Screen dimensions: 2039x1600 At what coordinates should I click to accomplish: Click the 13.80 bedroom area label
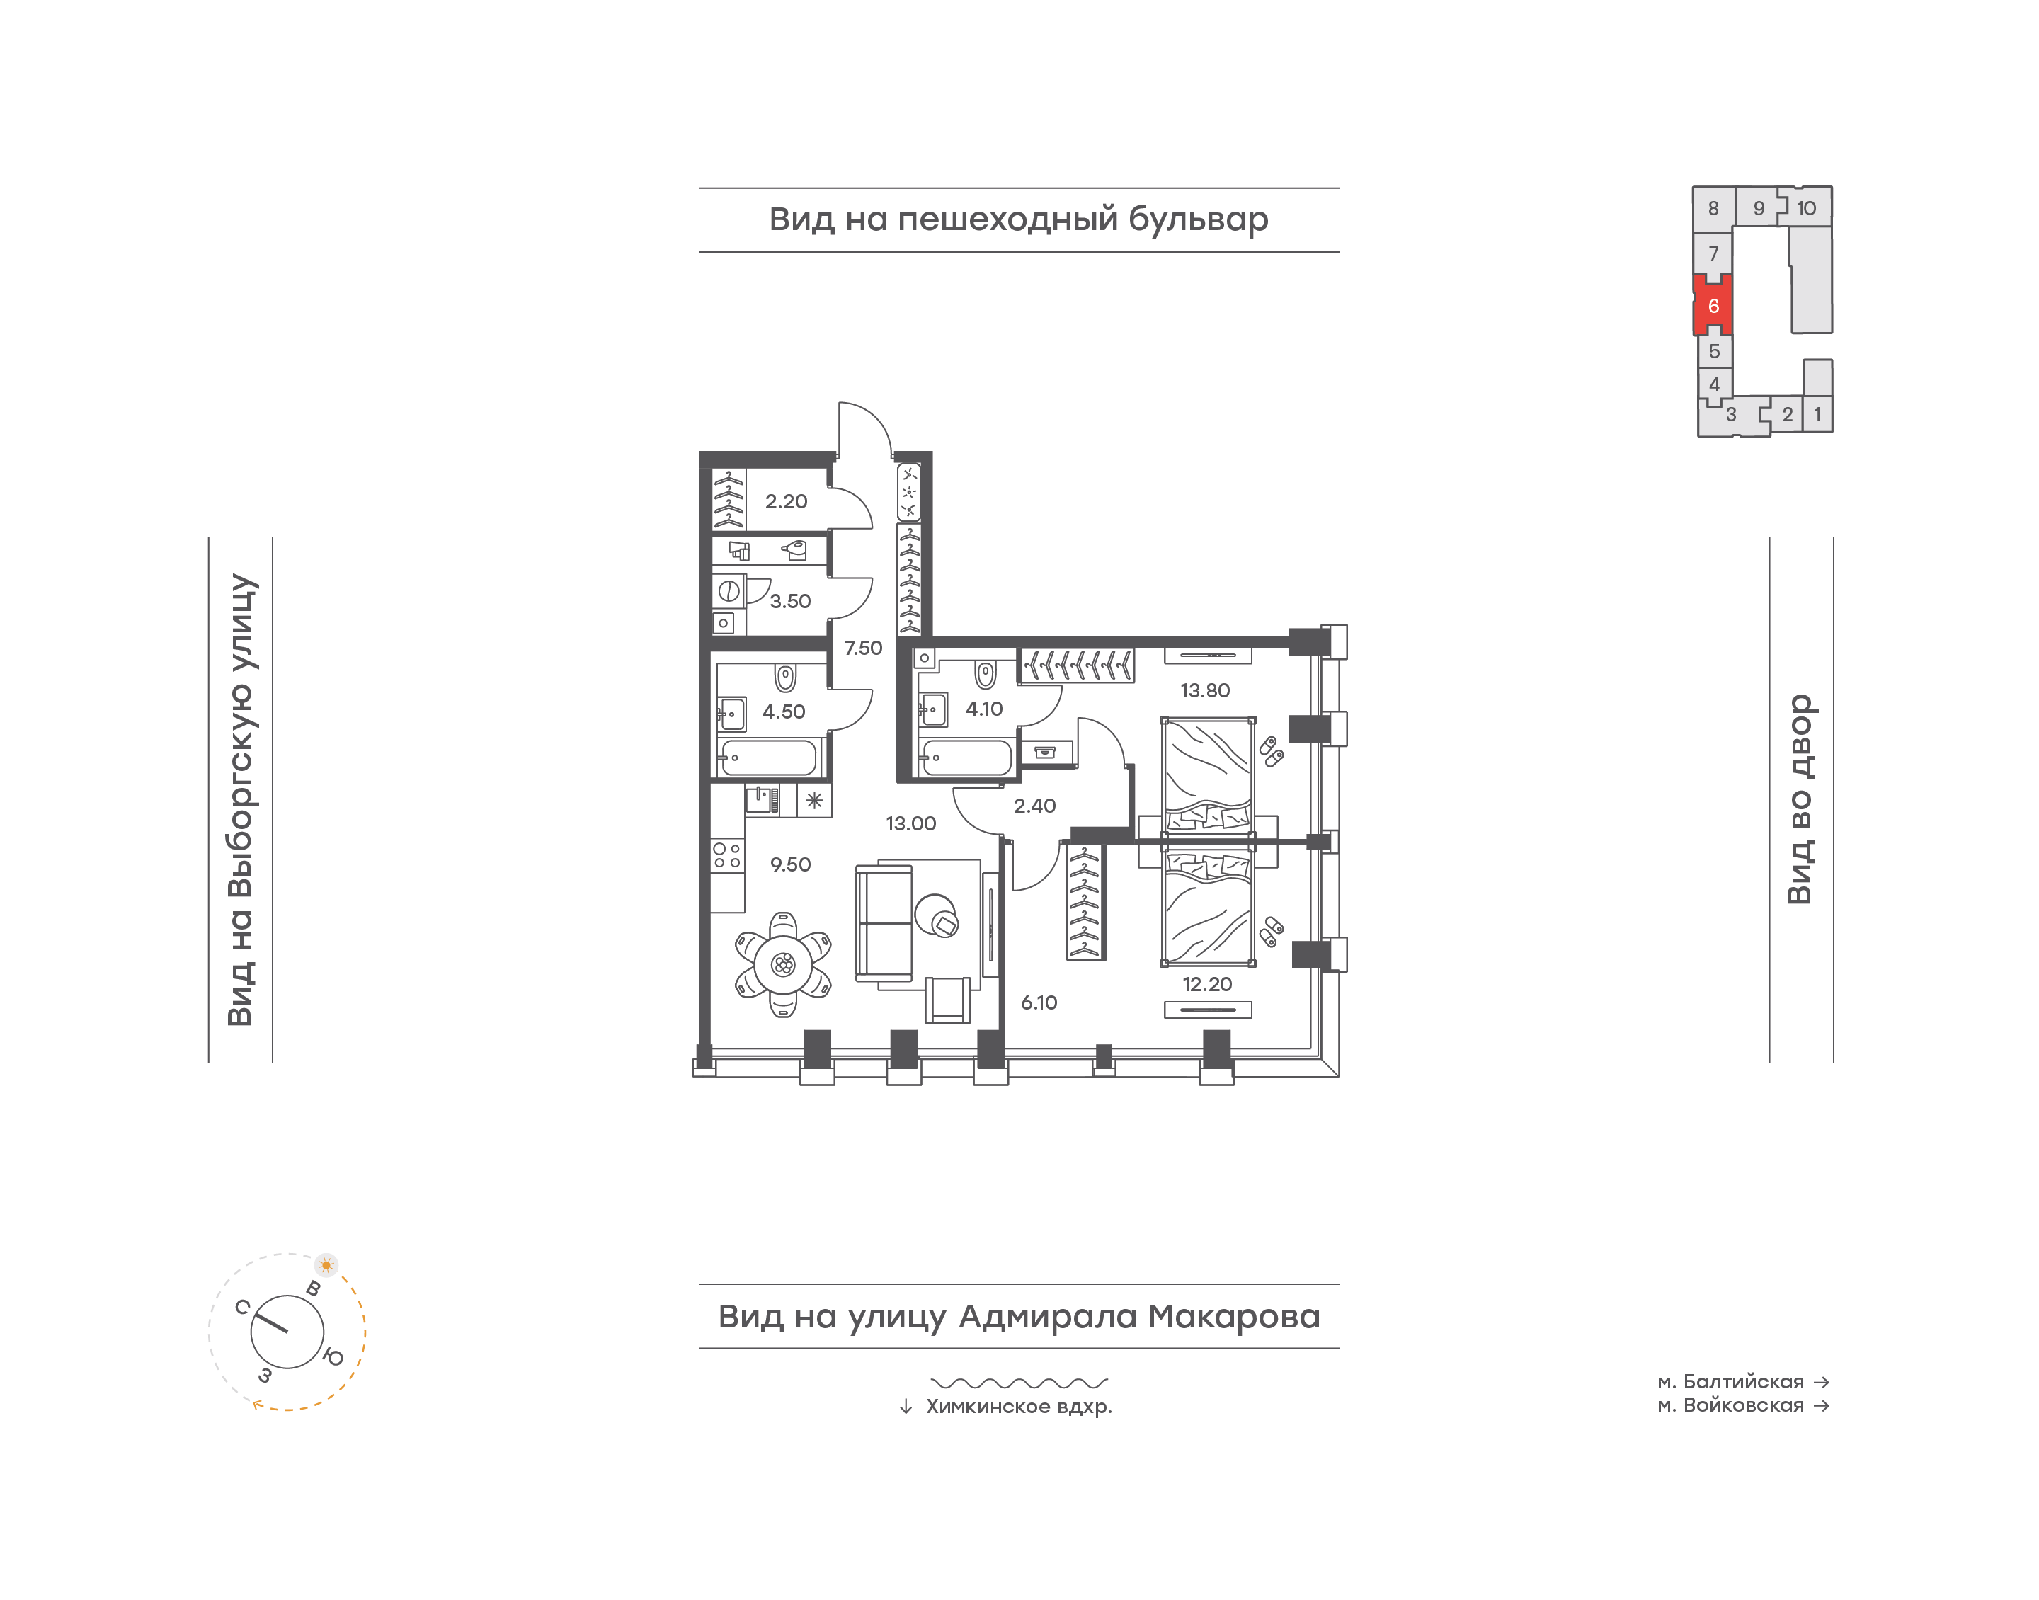[x=1204, y=690]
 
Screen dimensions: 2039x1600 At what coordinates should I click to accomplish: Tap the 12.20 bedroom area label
[x=1206, y=985]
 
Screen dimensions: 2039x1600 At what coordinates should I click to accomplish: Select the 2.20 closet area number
[x=786, y=501]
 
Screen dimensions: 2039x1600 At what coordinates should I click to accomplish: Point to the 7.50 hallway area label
[x=862, y=647]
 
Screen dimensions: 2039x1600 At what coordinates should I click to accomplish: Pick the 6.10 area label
[x=1039, y=1002]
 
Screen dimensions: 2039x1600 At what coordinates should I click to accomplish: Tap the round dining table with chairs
[x=783, y=964]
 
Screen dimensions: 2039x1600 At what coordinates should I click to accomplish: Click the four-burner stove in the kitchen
[x=727, y=855]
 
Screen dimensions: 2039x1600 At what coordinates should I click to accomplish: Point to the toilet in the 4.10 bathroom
[x=986, y=675]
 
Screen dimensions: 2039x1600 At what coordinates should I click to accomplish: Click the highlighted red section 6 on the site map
[x=1713, y=305]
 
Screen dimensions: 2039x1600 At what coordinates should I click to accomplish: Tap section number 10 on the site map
[x=1806, y=208]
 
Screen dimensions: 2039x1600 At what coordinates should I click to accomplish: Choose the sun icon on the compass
[x=326, y=1264]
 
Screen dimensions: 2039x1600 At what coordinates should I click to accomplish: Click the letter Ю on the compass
[x=333, y=1356]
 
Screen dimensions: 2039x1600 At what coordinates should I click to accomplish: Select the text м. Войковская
[x=1730, y=1405]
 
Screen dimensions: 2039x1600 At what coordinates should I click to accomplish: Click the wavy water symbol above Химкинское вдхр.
[x=1019, y=1383]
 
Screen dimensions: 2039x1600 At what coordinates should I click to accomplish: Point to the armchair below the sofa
[x=948, y=1000]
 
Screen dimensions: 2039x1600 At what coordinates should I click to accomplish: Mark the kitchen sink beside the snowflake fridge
[x=763, y=800]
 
